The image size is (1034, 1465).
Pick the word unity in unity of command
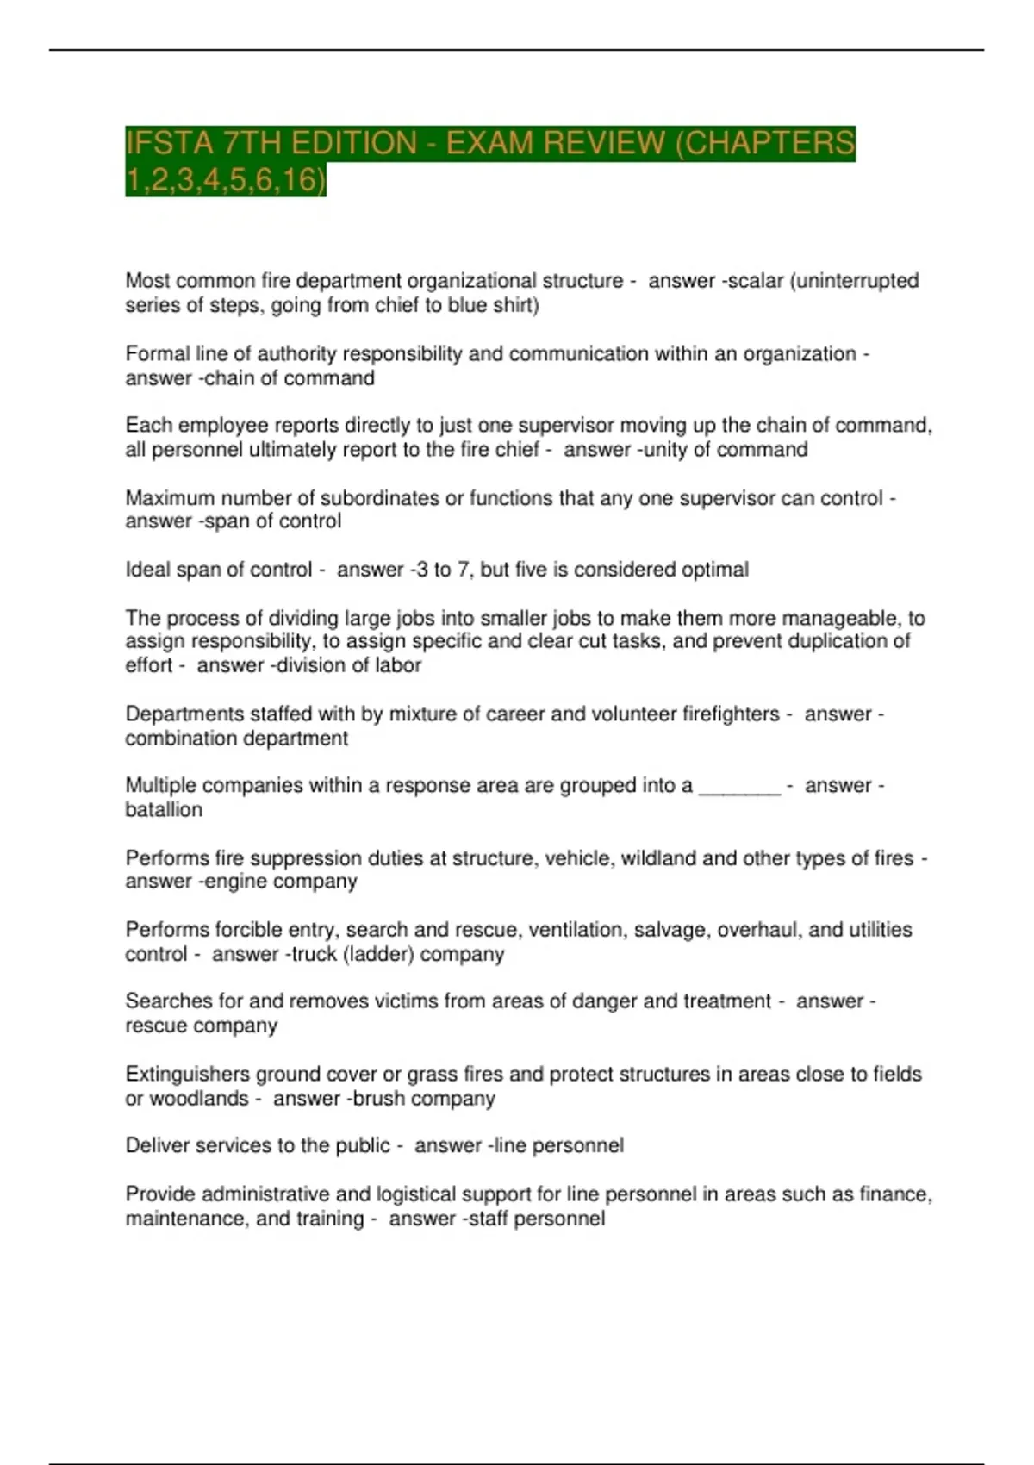pyautogui.click(x=664, y=449)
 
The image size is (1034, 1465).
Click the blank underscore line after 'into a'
pyautogui.click(x=739, y=786)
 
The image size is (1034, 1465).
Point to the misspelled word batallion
pyautogui.click(x=164, y=810)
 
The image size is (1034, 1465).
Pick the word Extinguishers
pyautogui.click(x=178, y=1074)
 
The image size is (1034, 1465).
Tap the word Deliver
pyautogui.click(x=156, y=1145)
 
